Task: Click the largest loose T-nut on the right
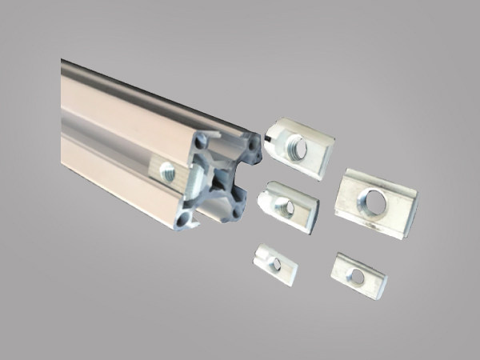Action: (x=374, y=202)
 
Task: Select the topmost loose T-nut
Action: (x=298, y=146)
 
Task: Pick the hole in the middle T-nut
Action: (x=286, y=209)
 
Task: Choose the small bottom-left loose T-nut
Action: (x=275, y=264)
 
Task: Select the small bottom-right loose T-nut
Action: (x=359, y=275)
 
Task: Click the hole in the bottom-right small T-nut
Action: (x=357, y=277)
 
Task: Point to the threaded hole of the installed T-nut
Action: (x=167, y=170)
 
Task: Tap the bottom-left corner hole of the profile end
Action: (x=185, y=218)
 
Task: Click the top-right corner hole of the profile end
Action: (x=254, y=146)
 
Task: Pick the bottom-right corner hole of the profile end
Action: (x=241, y=211)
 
